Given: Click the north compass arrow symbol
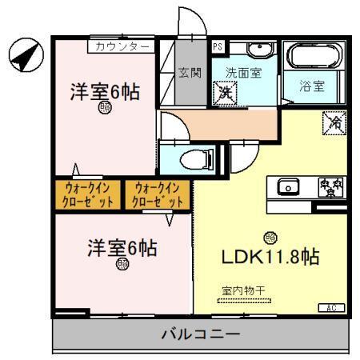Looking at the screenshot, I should point(22,54).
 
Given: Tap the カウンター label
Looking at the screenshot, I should point(121,46).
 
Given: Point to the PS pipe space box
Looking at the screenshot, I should point(218,46).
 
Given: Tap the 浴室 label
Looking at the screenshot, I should point(312,86).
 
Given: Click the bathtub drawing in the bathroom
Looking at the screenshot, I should point(313,58).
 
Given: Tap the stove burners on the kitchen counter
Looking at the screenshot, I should point(329,186).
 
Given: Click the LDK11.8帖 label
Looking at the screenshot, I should point(270,258).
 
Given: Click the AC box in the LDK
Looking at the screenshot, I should point(330,307).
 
